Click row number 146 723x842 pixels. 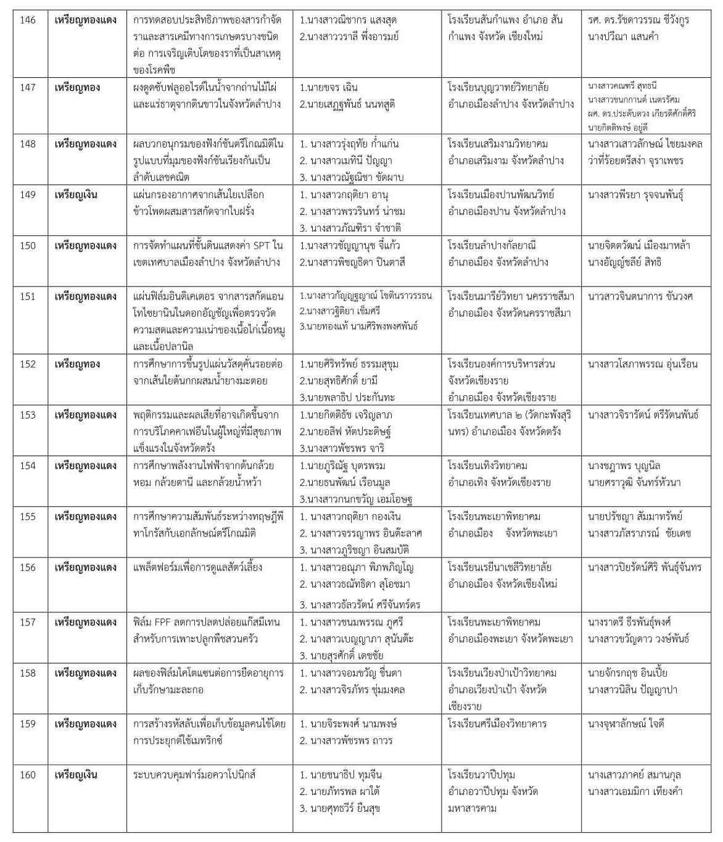[28, 20]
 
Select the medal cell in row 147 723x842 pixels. [76, 88]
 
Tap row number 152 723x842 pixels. [28, 364]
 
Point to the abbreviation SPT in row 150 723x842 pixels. [252, 246]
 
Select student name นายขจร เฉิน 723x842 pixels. [329, 88]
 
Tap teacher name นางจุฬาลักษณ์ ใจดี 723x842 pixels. [626, 724]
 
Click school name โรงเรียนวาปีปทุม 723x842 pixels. [482, 775]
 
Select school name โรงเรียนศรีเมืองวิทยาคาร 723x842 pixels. [497, 724]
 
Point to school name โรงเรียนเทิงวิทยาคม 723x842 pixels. [488, 465]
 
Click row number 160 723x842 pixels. [28, 775]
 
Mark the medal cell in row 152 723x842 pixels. [76, 364]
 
